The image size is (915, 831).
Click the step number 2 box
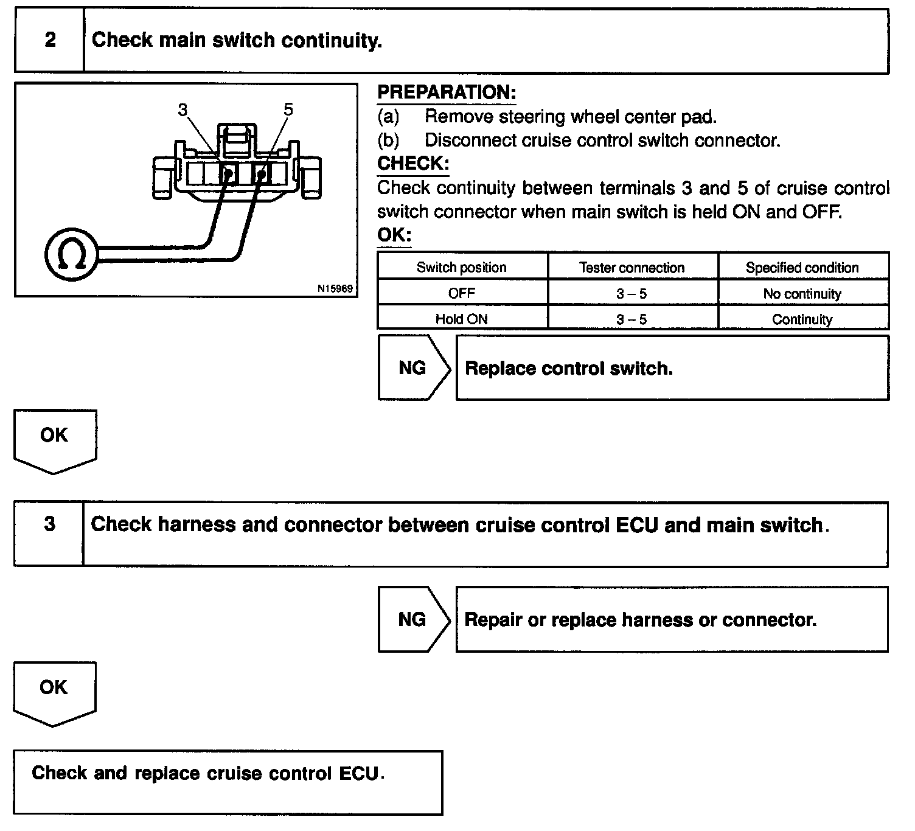[x=50, y=40]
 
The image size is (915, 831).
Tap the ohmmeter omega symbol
[x=71, y=254]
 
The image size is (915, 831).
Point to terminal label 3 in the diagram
[x=183, y=110]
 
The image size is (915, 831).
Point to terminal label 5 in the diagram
[x=288, y=110]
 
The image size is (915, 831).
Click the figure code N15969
[x=335, y=288]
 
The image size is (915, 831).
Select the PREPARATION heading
[x=447, y=92]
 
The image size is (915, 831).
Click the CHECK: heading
[x=413, y=164]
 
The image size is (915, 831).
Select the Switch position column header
[x=461, y=268]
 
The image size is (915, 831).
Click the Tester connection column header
[x=631, y=268]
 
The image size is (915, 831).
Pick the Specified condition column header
[x=802, y=268]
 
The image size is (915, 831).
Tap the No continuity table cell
[x=802, y=294]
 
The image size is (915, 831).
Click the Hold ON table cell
[x=461, y=319]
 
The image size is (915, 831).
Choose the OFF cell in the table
[x=461, y=293]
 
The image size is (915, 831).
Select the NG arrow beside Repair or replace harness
[x=412, y=619]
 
